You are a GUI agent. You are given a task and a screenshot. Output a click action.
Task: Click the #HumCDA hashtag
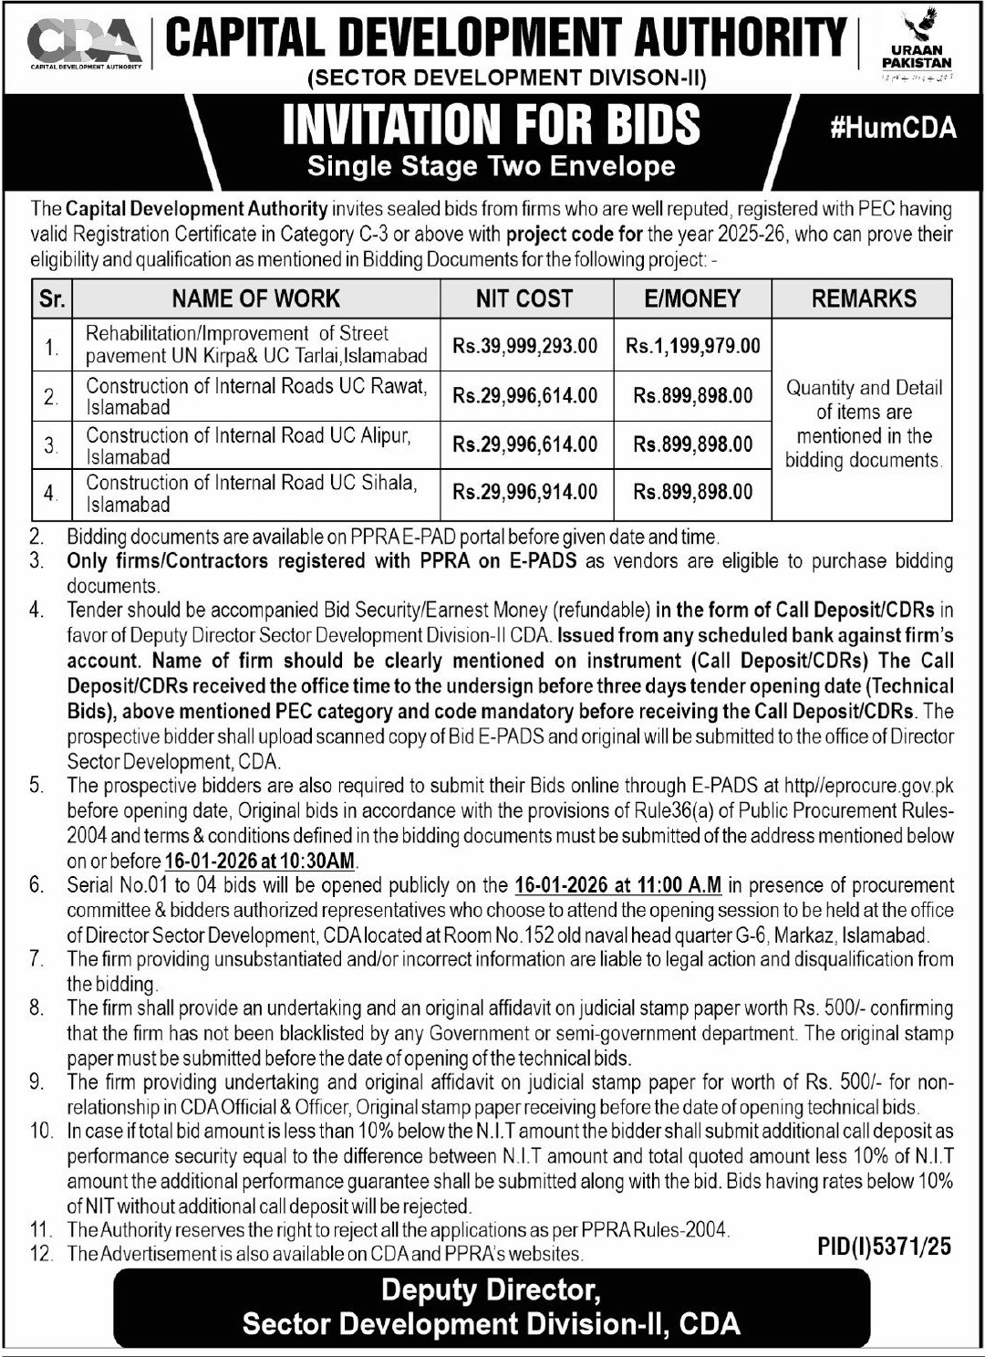[893, 128]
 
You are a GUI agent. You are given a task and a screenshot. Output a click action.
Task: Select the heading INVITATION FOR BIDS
[492, 125]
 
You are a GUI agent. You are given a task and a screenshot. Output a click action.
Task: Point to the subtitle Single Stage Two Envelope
[492, 166]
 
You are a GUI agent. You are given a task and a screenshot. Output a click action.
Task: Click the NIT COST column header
[524, 298]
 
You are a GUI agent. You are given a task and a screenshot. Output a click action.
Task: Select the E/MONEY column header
[692, 298]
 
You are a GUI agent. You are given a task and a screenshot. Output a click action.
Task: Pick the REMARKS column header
[863, 298]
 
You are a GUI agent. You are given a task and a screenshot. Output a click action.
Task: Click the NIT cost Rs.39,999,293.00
[525, 346]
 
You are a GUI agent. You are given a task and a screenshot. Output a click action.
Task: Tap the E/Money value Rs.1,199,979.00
[693, 346]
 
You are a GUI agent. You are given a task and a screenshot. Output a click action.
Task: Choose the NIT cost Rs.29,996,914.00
[525, 492]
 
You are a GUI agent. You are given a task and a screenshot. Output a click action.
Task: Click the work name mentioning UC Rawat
[256, 396]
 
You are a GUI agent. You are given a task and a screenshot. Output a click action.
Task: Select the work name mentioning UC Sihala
[251, 493]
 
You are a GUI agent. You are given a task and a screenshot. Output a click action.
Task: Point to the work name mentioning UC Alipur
[249, 445]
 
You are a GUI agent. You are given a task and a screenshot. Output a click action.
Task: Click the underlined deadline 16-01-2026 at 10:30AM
[261, 861]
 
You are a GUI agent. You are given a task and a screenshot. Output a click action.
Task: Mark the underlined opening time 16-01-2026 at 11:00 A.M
[617, 884]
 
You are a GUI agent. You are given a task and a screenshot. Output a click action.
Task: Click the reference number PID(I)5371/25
[884, 1247]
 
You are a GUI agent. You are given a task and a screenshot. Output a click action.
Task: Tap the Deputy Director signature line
[491, 1290]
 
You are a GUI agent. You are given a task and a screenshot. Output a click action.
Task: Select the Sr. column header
[52, 298]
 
